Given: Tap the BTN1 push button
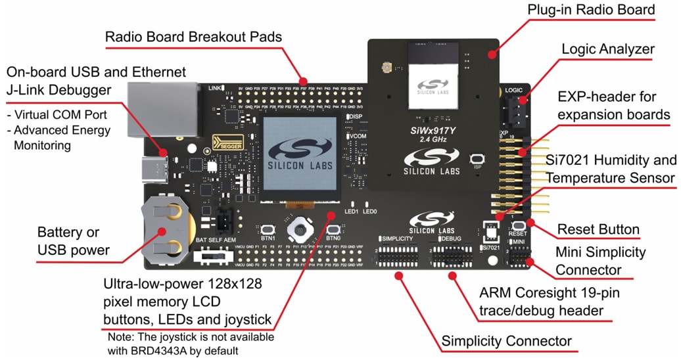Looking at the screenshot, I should (268, 230).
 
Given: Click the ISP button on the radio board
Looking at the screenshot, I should (479, 159).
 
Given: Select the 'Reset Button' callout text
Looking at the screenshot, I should (598, 229).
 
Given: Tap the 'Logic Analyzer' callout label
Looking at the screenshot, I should (608, 49).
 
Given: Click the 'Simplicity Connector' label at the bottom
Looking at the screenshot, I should (506, 341).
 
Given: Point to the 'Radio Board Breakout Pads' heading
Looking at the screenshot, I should (193, 37).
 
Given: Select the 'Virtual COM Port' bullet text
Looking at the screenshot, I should (59, 114).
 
